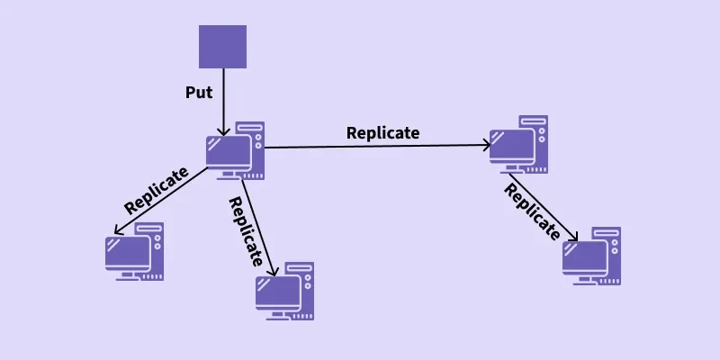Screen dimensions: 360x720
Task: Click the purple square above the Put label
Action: [222, 47]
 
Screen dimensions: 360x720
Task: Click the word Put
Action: [200, 92]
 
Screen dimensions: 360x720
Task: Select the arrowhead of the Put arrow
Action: [222, 132]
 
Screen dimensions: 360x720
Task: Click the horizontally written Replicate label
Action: [382, 132]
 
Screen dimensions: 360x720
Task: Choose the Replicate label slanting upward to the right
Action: [157, 190]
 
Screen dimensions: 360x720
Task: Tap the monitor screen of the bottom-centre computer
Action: [278, 292]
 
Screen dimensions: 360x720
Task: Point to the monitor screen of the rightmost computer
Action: [585, 256]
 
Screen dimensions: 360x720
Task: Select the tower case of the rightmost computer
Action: [609, 255]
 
